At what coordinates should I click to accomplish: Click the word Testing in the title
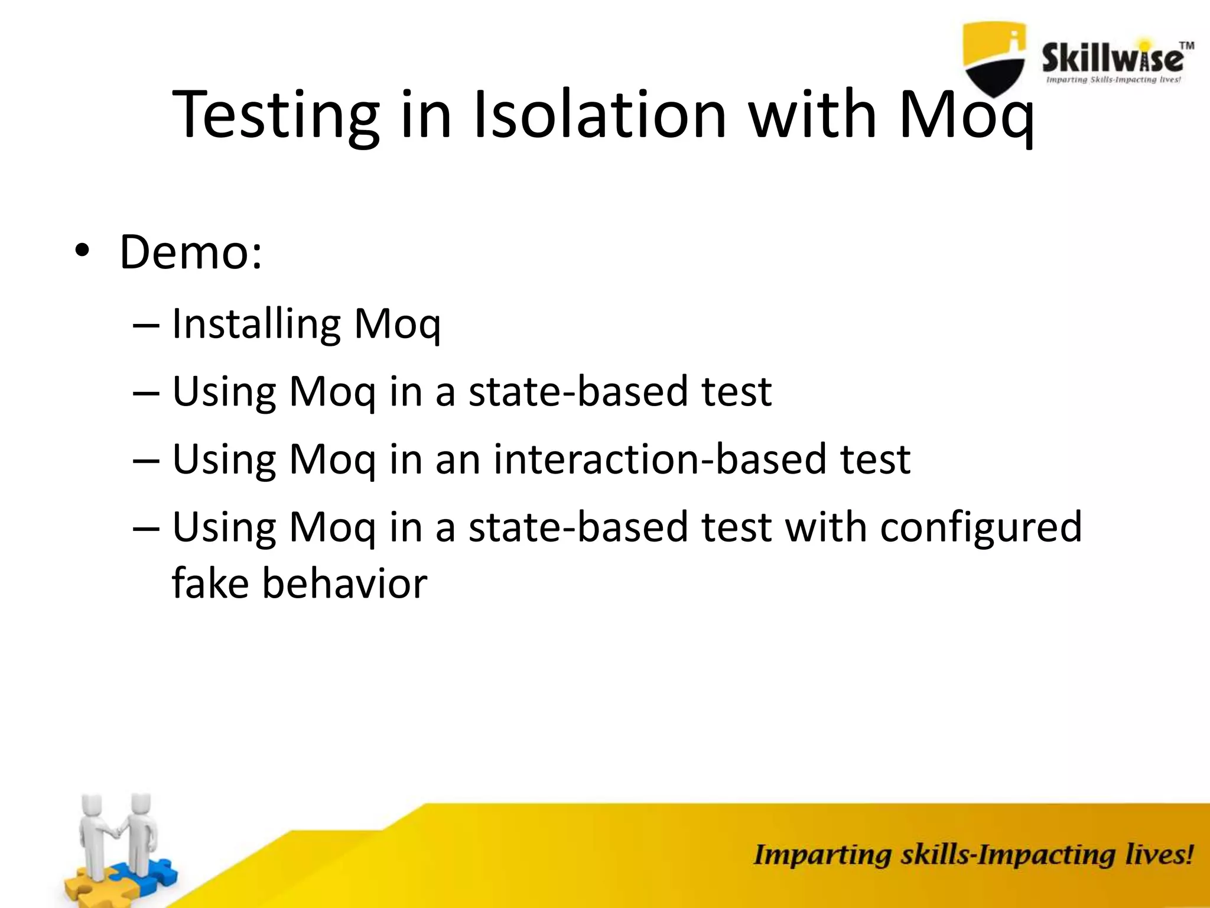point(275,115)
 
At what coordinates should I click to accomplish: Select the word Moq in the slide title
point(967,115)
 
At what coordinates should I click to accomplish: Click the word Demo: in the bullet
point(191,252)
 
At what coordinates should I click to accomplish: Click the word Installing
point(256,325)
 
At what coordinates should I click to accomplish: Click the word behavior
point(344,583)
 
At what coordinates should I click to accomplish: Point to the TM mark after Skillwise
point(1186,46)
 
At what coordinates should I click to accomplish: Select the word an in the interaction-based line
point(457,459)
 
